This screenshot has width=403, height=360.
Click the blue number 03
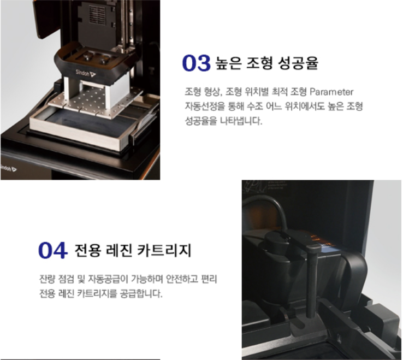[197, 63]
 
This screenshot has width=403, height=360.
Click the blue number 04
[53, 250]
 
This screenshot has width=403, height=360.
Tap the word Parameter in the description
[331, 92]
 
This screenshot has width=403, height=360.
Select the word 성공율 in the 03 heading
[298, 63]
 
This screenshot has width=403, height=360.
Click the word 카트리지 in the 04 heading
[164, 250]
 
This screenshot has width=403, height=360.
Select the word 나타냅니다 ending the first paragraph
[241, 121]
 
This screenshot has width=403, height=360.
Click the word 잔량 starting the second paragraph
[47, 279]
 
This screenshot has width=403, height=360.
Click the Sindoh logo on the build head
[86, 73]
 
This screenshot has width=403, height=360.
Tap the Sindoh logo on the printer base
[8, 168]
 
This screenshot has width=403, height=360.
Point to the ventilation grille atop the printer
[97, 14]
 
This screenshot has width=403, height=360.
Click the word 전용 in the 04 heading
[87, 250]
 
